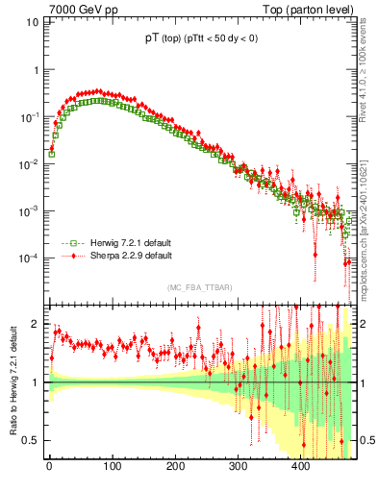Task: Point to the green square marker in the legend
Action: pyautogui.click(x=68, y=243)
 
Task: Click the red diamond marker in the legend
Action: pyautogui.click(x=68, y=256)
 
